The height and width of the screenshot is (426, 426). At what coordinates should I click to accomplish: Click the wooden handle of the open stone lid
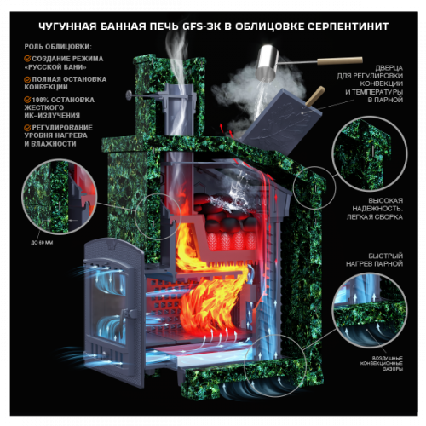316,95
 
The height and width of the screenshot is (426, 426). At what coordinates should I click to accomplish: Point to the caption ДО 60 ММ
41,242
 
